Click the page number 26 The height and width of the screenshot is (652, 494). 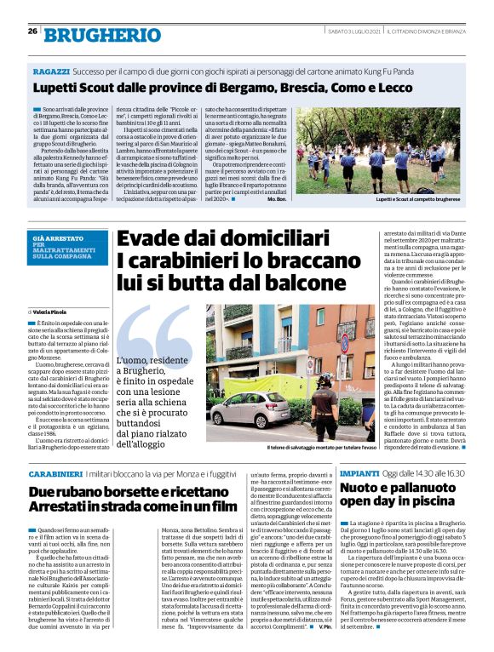[32, 31]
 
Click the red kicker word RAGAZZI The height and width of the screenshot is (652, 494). [51, 72]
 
